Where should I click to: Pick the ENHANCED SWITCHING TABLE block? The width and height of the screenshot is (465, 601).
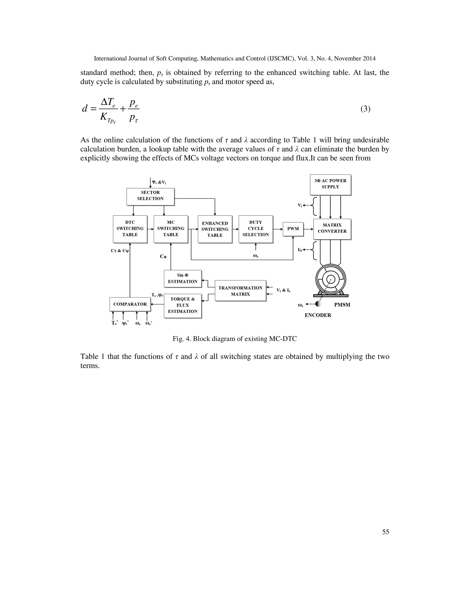[215, 229]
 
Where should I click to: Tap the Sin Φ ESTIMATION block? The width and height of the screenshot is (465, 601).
[183, 279]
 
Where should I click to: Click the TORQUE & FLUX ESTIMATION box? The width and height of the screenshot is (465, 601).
[183, 305]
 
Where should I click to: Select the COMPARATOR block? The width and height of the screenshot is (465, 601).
[130, 304]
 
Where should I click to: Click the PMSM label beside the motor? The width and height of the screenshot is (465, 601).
[342, 305]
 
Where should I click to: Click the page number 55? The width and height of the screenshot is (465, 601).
[385, 532]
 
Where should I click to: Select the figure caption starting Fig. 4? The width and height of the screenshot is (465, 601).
[234, 339]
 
